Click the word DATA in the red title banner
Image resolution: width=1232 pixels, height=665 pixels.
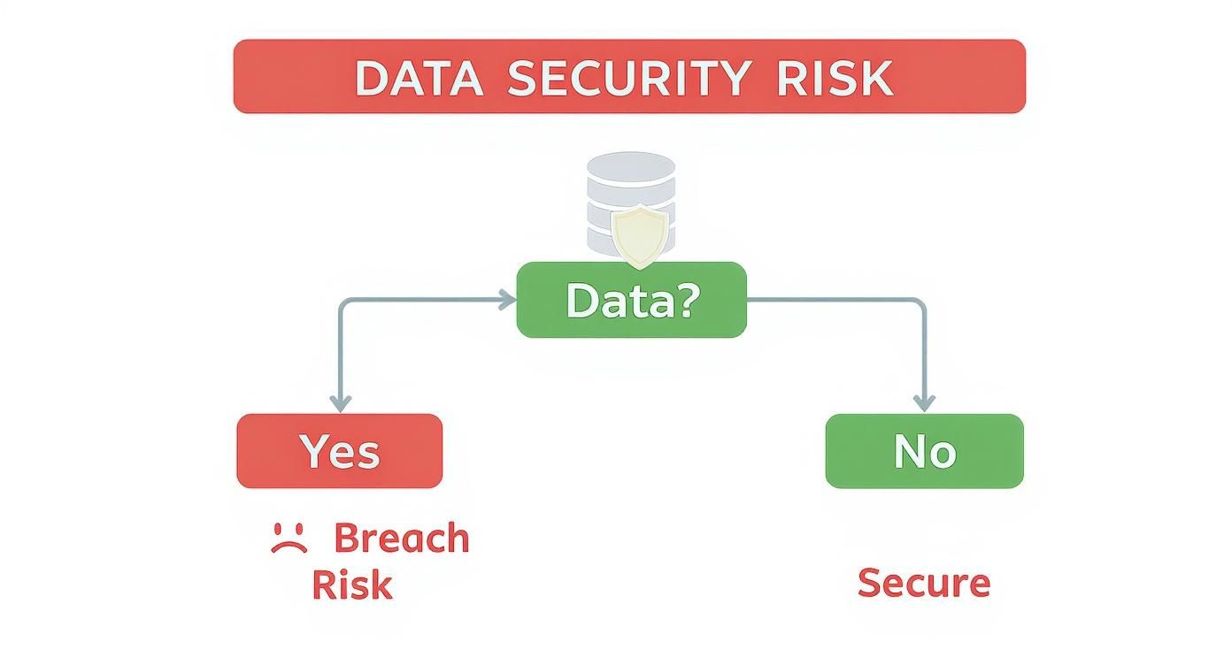[419, 78]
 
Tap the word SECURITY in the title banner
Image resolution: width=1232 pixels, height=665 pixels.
[628, 78]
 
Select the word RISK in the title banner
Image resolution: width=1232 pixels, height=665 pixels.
[834, 78]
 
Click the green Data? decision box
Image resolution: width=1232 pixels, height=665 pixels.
[631, 301]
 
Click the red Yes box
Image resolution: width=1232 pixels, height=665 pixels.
[339, 451]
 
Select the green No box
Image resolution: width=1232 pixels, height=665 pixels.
[924, 451]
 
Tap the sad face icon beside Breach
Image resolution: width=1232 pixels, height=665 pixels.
[289, 539]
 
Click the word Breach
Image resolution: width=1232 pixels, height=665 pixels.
[402, 539]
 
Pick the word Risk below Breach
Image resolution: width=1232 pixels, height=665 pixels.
[351, 585]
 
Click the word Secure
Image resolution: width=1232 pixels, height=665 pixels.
[923, 583]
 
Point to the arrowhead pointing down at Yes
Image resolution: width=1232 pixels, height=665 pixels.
[339, 403]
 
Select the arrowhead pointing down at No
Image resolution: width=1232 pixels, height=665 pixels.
[924, 403]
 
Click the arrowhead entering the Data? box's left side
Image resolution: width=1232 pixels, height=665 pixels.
[508, 301]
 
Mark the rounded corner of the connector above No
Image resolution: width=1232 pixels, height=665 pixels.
[920, 304]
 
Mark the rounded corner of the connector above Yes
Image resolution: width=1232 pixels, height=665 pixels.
[343, 304]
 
